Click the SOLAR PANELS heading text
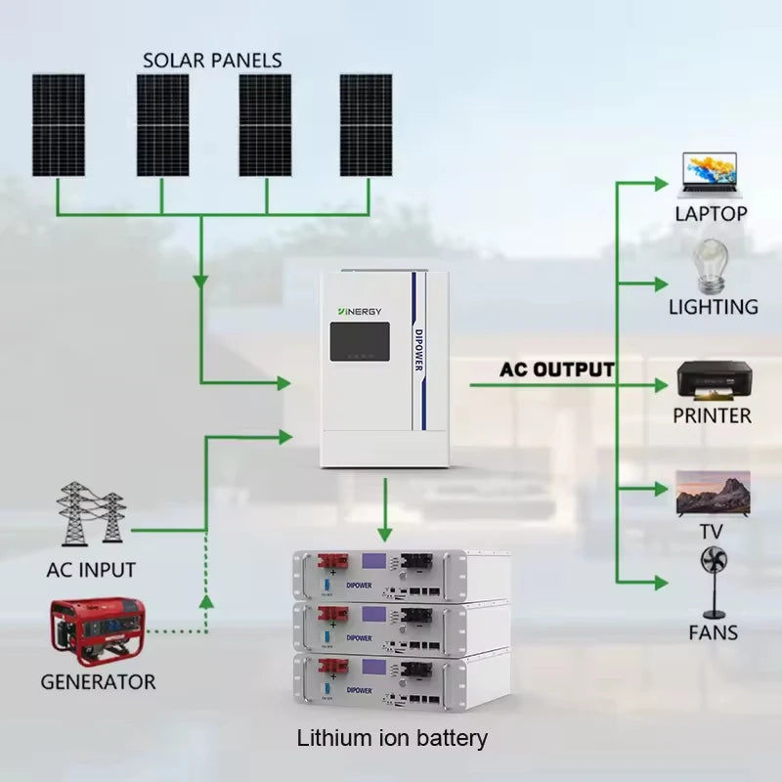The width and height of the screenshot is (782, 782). pyautogui.click(x=212, y=60)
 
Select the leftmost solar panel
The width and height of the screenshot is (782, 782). pyautogui.click(x=58, y=125)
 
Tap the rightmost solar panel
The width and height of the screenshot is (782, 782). pyautogui.click(x=366, y=125)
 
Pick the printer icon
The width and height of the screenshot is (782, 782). pyautogui.click(x=714, y=381)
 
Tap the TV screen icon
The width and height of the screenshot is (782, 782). pyautogui.click(x=713, y=494)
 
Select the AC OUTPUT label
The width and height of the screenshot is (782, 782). pyautogui.click(x=557, y=370)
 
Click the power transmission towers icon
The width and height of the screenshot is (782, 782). pyautogui.click(x=91, y=512)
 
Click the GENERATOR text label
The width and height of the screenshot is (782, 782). pyautogui.click(x=98, y=681)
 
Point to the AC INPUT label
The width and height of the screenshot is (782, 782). pyautogui.click(x=91, y=569)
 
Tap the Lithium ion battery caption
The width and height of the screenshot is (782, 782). pyautogui.click(x=391, y=738)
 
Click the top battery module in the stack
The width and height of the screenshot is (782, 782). pyautogui.click(x=401, y=574)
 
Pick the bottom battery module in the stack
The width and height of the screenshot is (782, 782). pyautogui.click(x=401, y=676)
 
